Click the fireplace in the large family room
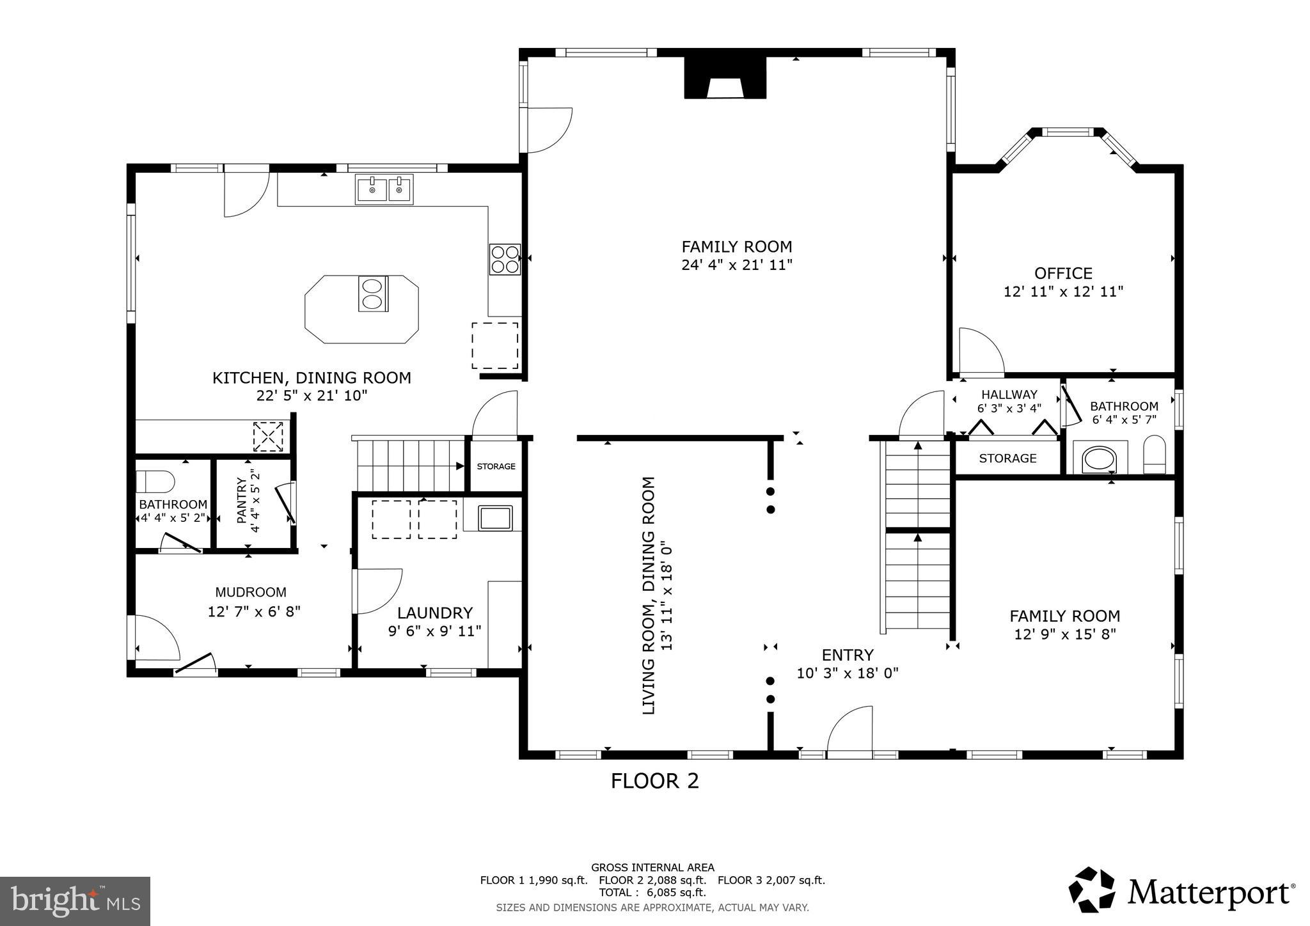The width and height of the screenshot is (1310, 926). [725, 77]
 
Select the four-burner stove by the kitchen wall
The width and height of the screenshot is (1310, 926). [505, 259]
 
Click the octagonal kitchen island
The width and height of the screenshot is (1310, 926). [362, 310]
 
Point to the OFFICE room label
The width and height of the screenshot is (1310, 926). [1063, 273]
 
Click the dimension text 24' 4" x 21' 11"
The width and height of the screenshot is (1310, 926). [737, 265]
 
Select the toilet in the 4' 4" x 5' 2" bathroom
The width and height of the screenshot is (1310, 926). [155, 481]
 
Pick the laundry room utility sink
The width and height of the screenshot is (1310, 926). [495, 517]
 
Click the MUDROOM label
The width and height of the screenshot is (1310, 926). [251, 592]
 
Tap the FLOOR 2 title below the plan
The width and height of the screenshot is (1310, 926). [654, 781]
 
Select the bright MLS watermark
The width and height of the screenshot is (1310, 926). [75, 902]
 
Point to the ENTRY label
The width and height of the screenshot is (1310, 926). [848, 655]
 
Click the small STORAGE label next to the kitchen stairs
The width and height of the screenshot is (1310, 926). [496, 466]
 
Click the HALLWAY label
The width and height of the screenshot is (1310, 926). [1009, 395]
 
